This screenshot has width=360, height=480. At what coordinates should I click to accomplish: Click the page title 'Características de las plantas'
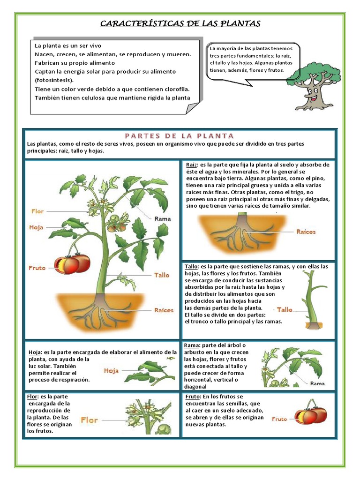coord(180,24)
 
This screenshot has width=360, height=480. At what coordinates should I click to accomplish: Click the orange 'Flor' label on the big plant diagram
coord(37,211)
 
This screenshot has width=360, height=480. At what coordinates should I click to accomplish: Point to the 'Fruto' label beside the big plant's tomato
coord(37,268)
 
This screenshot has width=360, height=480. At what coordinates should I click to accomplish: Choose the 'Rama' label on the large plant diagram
coord(163,218)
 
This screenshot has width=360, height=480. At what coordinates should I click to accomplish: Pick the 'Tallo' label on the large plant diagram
coord(162,275)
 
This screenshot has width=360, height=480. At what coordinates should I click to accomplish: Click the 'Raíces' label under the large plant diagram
coord(164,310)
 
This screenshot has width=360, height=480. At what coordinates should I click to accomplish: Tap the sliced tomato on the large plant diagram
coord(72,264)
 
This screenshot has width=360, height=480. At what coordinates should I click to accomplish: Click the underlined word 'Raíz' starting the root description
coord(191,165)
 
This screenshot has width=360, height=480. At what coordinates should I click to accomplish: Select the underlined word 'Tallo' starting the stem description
coord(192,267)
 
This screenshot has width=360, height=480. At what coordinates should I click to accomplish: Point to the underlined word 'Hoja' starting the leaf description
coord(35,352)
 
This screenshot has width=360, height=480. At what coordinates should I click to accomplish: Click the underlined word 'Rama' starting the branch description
coord(193,345)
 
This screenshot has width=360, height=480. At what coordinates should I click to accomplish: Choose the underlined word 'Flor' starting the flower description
coord(32,397)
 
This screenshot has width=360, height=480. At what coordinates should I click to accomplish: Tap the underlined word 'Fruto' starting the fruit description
coord(194,397)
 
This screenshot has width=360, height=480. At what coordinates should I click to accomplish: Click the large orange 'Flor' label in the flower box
coord(89,420)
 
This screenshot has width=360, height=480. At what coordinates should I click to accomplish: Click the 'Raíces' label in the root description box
coord(306,232)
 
